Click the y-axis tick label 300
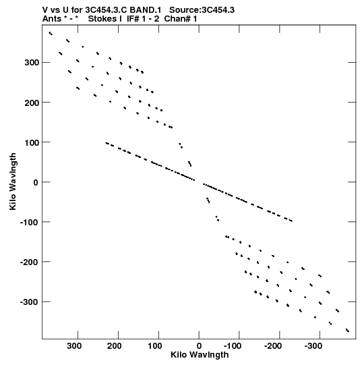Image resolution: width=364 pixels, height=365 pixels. [32, 63]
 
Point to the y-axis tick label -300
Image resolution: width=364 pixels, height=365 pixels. [30, 302]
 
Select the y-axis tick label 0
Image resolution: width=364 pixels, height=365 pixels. [36, 182]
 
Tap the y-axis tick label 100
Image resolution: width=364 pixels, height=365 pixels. [32, 142]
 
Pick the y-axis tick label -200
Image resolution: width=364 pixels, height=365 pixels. [30, 262]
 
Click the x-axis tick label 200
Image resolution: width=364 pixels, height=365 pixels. [114, 346]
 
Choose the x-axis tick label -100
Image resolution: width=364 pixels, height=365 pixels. [232, 346]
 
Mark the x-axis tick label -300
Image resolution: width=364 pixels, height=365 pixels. [313, 346]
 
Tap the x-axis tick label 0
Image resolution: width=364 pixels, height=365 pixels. [199, 346]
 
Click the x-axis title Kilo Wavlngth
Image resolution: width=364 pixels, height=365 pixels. [200, 356]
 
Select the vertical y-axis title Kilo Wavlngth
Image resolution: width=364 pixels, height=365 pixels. [13, 181]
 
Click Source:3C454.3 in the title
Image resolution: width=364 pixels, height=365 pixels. [202, 10]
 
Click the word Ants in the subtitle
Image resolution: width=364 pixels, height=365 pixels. [52, 19]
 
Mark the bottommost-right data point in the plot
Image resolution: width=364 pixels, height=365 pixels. [348, 331]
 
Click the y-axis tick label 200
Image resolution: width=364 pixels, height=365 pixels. [32, 103]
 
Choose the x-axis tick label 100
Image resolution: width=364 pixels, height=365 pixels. [154, 346]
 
